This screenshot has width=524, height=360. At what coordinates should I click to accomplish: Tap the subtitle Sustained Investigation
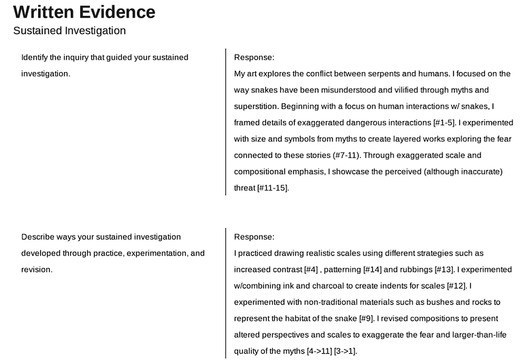click(x=69, y=31)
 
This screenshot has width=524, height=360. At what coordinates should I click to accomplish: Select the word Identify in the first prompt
click(x=36, y=57)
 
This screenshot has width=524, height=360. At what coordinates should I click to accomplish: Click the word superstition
click(x=255, y=106)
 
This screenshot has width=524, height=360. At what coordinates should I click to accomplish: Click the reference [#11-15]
click(x=273, y=188)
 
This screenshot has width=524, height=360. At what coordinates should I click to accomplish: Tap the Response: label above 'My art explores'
click(x=254, y=57)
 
